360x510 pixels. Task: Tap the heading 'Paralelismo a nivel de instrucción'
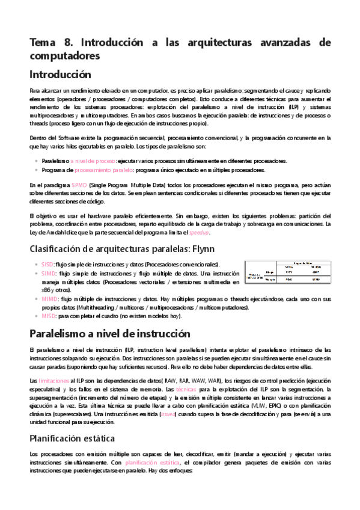tap(110, 333)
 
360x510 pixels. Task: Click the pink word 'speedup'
tap(200, 232)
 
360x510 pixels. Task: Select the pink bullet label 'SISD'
tap(47, 264)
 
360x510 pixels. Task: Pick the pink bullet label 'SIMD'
tap(48, 272)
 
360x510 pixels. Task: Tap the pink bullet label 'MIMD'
tap(49, 298)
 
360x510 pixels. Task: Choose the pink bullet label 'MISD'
tap(49, 316)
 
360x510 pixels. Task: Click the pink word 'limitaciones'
tap(53, 381)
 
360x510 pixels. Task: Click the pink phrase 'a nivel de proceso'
tap(93, 161)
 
